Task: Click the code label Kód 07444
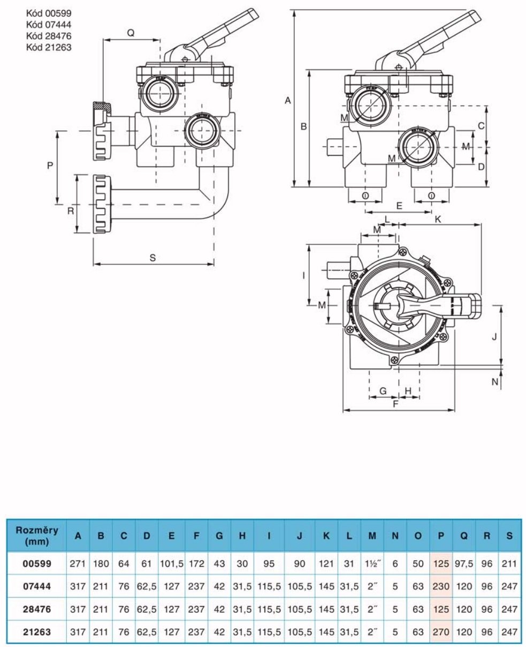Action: [x=49, y=24]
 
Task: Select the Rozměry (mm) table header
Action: [x=36, y=535]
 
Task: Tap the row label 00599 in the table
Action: [x=37, y=565]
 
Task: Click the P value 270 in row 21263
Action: [x=441, y=631]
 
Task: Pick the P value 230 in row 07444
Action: [x=441, y=586]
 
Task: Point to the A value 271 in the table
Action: [x=78, y=565]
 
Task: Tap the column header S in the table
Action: [x=509, y=535]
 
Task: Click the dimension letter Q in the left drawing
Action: [x=130, y=33]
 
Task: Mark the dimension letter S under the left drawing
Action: [x=153, y=258]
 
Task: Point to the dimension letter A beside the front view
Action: [x=287, y=100]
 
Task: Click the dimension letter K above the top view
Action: [x=438, y=219]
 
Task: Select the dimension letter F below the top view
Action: [x=395, y=404]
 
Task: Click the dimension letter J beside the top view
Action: [x=494, y=336]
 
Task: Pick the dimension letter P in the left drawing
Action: [x=49, y=166]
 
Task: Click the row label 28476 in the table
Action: [x=37, y=609]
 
